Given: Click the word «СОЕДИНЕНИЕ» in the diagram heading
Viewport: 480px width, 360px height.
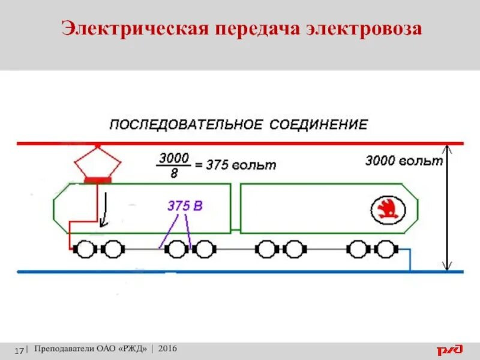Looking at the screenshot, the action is [x=318, y=125].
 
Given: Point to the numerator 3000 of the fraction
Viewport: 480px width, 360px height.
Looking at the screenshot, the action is [x=173, y=158].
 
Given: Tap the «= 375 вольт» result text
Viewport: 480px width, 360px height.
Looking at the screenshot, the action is [x=236, y=165].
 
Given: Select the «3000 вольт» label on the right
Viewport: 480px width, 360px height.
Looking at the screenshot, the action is [x=403, y=161].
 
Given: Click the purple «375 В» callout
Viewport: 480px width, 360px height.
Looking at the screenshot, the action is [x=185, y=206].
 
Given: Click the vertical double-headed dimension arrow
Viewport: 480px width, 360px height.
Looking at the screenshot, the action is [x=447, y=207].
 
